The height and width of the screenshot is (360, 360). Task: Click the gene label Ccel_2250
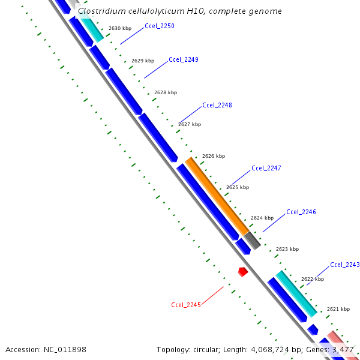pos(159,26)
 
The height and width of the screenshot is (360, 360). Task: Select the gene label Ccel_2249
pos(184,59)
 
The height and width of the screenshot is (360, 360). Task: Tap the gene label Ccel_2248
pos(217,105)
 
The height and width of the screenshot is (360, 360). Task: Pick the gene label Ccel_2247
pos(266,168)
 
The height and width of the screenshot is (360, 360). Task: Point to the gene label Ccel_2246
pos(301,212)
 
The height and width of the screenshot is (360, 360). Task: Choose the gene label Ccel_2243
pos(344,265)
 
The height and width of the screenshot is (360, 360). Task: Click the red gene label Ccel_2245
pos(185,305)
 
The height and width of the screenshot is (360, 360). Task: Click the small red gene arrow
pos(242,272)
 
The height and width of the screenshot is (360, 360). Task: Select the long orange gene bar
pos(216,194)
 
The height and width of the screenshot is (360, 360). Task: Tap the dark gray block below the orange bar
pos(252,240)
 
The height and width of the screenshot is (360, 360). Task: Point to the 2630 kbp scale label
pos(119,28)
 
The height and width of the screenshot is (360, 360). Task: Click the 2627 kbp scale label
pos(190,124)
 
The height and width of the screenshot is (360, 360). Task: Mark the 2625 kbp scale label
pos(237,188)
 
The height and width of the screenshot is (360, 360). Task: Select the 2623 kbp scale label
pos(287,249)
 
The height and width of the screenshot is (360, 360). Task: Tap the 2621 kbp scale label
pos(338,309)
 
